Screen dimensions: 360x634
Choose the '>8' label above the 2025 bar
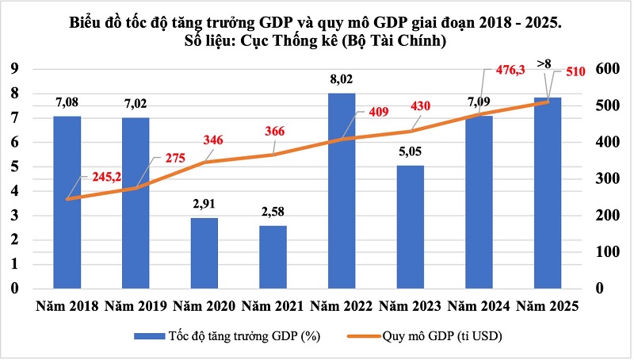click(544, 63)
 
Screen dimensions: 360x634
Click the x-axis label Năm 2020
click(203, 306)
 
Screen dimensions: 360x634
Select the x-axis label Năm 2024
click(478, 306)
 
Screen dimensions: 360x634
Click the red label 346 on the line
click(212, 140)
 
